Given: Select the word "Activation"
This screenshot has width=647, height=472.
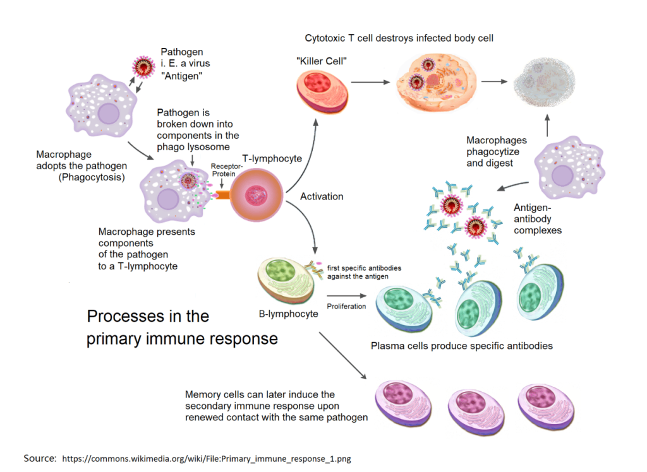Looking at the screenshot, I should (322, 197).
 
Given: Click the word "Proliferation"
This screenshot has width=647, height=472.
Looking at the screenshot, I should (346, 306).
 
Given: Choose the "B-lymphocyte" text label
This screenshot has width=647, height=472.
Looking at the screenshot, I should (289, 314).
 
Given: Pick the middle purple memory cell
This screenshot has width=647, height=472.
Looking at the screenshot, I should (475, 401).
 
